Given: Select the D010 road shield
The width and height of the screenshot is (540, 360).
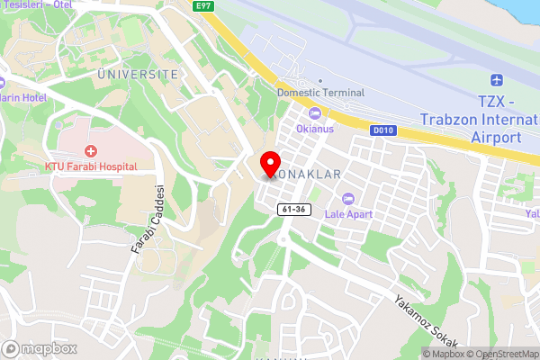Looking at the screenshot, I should tap(382, 130).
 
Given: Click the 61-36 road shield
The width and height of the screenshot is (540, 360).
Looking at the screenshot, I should tap(292, 208).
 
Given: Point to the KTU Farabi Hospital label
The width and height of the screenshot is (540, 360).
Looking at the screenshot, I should tap(91, 166).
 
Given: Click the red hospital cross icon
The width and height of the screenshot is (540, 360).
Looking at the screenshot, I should tap(90, 151).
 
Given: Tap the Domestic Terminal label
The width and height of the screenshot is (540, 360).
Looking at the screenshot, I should tap(320, 93).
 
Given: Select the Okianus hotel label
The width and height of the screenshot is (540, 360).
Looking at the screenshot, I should tap(315, 128).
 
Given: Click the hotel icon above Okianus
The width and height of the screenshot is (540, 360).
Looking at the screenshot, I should tap(315, 112).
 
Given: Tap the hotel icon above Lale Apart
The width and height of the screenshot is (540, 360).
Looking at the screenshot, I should tap(347, 199).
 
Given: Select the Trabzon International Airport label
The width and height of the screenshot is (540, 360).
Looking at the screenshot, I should tap(481, 119).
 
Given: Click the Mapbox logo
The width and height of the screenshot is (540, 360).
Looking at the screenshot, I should tap(40, 348).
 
